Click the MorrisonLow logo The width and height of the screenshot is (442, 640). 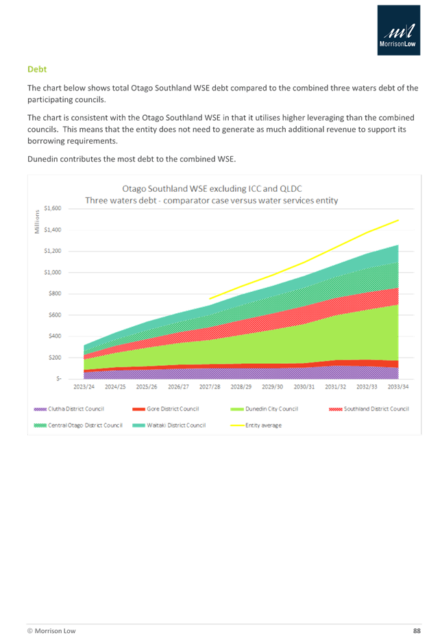pos(399,30)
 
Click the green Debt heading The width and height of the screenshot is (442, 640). pos(37,69)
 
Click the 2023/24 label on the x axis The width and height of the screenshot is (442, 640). pos(84,387)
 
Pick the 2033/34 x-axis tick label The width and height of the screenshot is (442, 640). pos(398,387)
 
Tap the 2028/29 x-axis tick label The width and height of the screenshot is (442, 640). pos(241,387)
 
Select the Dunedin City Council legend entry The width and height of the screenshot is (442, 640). pos(274,409)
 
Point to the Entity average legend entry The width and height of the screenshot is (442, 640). pos(267,425)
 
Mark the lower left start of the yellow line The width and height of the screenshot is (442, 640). pos(210,299)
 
